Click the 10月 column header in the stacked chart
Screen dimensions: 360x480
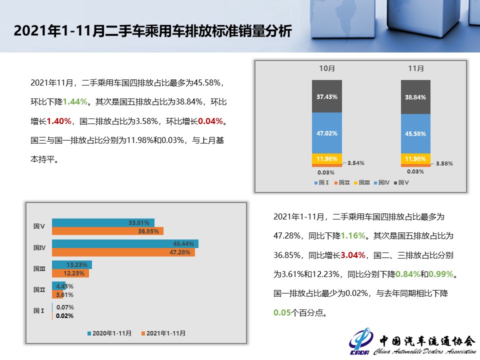click(x=327, y=68)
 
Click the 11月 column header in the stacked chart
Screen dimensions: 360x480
click(x=415, y=68)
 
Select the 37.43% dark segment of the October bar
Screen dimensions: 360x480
click(x=327, y=96)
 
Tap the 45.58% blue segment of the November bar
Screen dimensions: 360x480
click(x=415, y=133)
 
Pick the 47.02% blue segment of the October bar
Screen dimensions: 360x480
click(x=327, y=133)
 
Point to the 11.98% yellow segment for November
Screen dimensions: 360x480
click(x=415, y=158)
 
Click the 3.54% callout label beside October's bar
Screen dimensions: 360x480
click(x=355, y=163)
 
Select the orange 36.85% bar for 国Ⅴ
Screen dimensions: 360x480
click(x=107, y=231)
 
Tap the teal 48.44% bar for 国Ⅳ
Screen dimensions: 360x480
click(x=125, y=244)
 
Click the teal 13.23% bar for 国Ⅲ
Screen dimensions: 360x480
click(x=71, y=265)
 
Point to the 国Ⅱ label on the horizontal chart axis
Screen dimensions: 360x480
click(x=39, y=289)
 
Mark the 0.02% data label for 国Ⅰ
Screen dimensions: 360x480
click(x=64, y=316)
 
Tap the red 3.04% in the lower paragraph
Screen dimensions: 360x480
click(x=351, y=255)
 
